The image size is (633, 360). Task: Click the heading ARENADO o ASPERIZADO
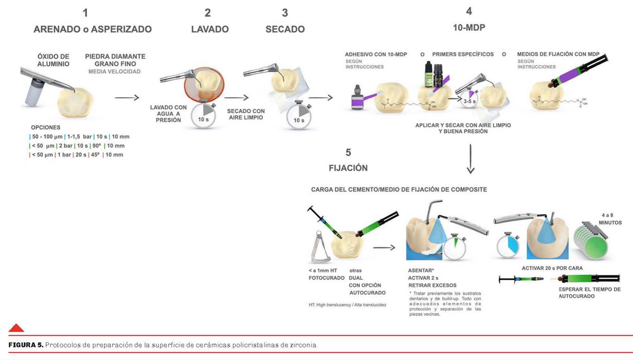click(x=93, y=29)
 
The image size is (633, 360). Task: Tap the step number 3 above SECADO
click(x=285, y=13)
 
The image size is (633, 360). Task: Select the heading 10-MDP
click(x=469, y=27)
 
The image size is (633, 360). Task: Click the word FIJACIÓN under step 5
click(x=348, y=168)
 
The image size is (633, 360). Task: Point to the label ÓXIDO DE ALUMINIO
click(x=54, y=60)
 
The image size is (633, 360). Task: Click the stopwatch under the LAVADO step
click(x=203, y=116)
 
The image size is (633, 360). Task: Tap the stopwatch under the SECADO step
click(x=298, y=116)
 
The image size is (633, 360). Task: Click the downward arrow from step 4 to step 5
click(x=471, y=159)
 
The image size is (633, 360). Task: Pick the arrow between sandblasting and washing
click(x=127, y=97)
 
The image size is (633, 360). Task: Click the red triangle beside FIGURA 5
click(x=16, y=328)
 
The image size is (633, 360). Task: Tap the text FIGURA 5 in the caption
click(x=26, y=345)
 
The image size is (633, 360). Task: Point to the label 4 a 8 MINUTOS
click(x=610, y=219)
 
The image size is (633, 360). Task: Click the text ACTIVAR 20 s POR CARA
click(x=552, y=268)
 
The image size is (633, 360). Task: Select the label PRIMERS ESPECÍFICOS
click(x=463, y=54)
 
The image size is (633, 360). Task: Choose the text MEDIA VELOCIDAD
click(x=114, y=71)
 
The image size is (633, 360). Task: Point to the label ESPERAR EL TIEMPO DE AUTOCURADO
click(x=589, y=292)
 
